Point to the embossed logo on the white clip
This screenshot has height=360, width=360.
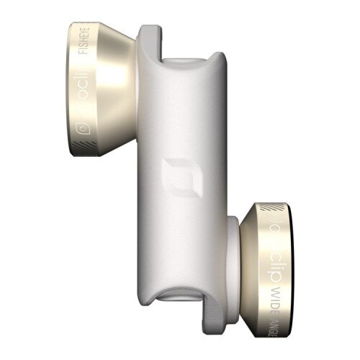coord(174,175)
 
